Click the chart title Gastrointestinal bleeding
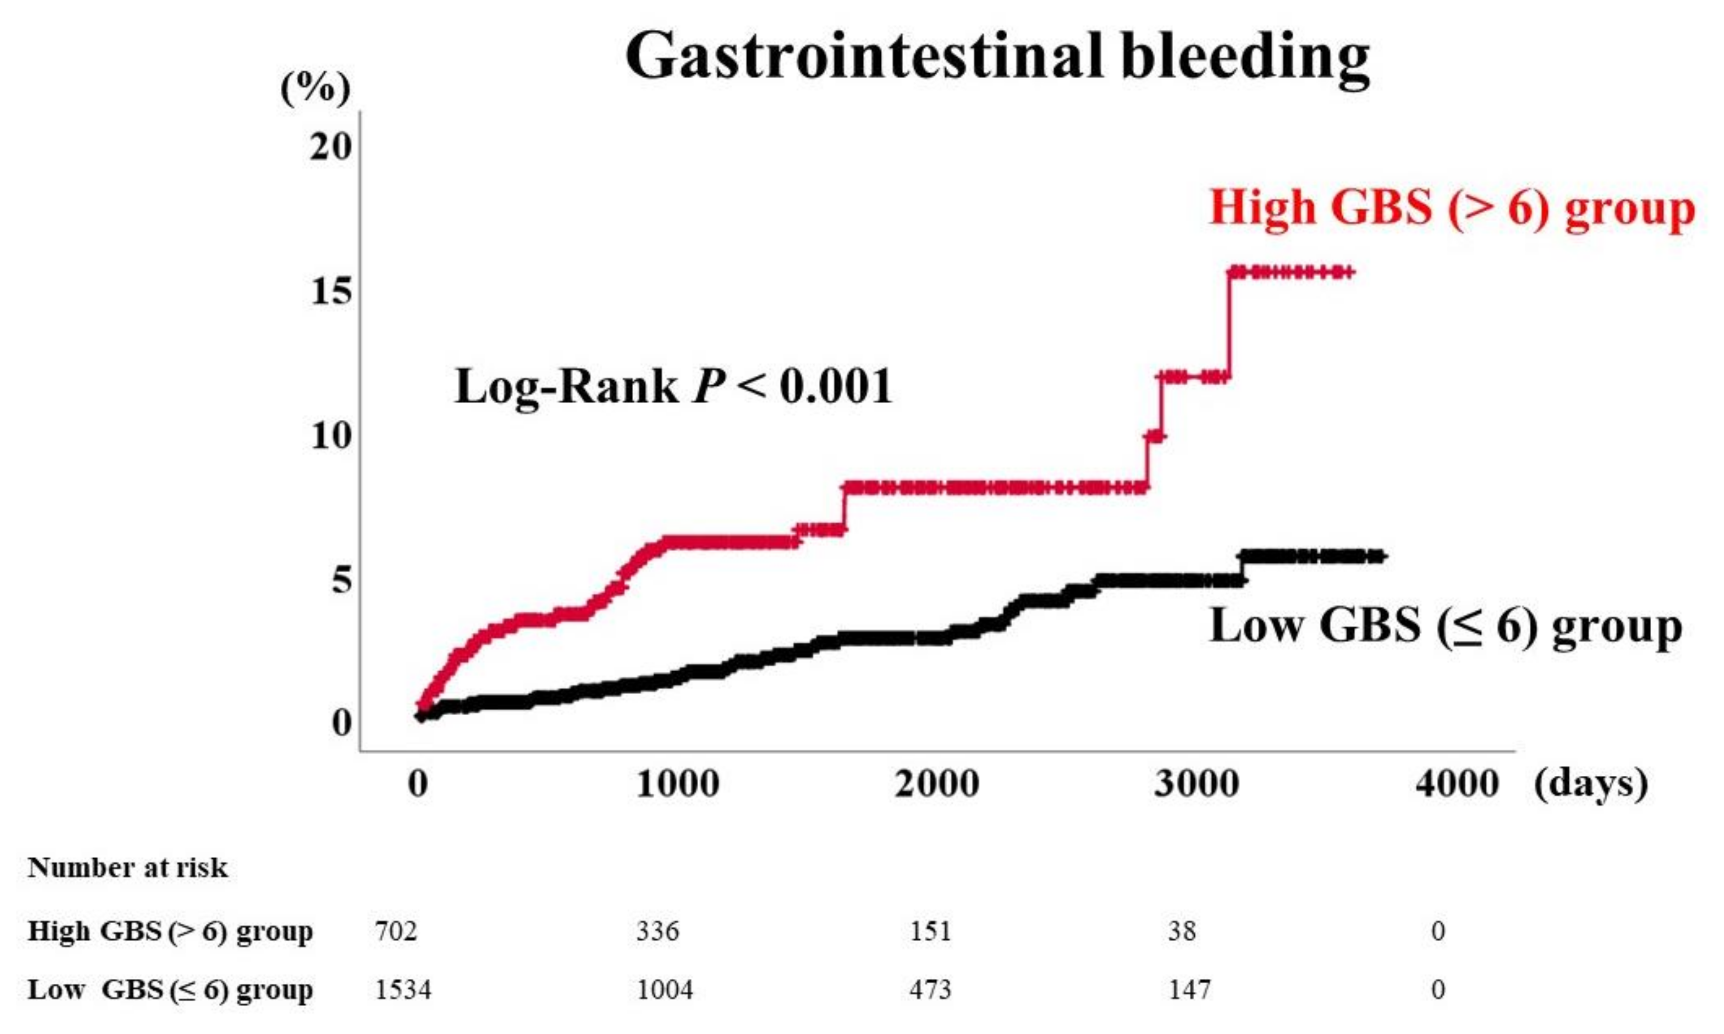[997, 56]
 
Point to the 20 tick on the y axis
[331, 146]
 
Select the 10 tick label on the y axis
[331, 436]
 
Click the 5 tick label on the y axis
[341, 579]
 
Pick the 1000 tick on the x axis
[677, 784]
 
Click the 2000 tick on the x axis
[936, 784]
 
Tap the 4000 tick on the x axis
[1456, 784]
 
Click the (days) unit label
[1590, 785]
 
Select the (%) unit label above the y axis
[315, 89]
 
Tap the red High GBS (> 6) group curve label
[1452, 208]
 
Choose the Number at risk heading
[128, 868]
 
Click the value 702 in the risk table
[396, 931]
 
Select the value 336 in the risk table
[657, 931]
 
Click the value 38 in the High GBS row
[1182, 931]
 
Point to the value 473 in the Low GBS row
[930, 990]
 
